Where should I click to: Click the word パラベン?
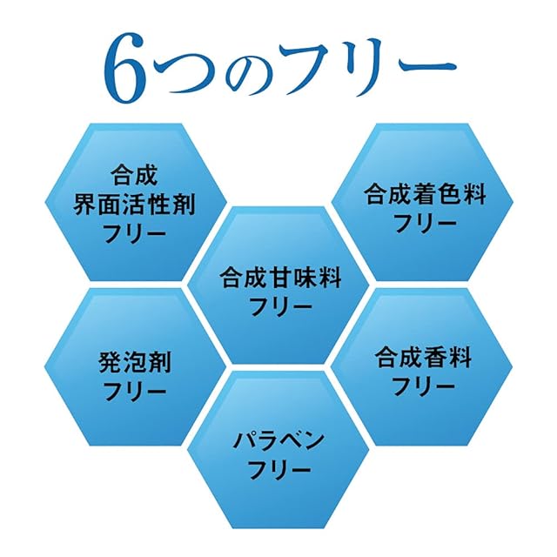(279, 440)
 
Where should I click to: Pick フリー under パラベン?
(279, 470)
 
